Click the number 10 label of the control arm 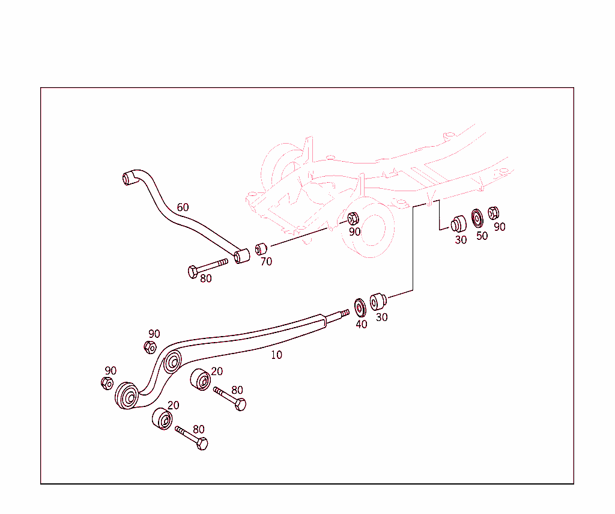(276, 355)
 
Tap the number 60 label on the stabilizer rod (183, 207)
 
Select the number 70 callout (266, 262)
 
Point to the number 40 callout (361, 324)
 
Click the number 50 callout (482, 236)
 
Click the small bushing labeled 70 (260, 249)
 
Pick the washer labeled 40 (360, 307)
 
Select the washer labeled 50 (477, 217)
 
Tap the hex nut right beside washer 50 (493, 212)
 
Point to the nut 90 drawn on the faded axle (353, 219)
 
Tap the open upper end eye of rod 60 (127, 178)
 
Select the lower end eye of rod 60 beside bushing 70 (241, 256)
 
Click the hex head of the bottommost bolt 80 (202, 444)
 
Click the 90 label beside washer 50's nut (499, 227)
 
